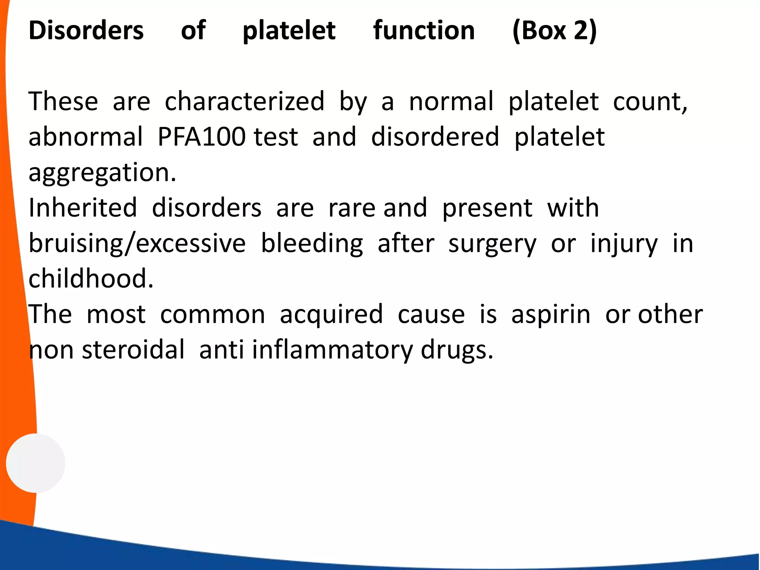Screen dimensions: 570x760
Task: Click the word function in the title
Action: point(424,30)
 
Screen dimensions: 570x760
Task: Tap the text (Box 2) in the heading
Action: point(554,30)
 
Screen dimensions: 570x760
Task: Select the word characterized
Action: point(245,101)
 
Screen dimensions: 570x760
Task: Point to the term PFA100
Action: point(202,137)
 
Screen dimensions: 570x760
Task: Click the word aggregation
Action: point(102,173)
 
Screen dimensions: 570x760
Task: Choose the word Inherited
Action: point(83,208)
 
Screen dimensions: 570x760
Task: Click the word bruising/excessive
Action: point(137,244)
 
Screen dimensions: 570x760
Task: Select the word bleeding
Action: point(312,244)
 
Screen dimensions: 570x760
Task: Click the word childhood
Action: point(91,279)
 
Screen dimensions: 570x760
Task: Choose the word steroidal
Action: point(133,350)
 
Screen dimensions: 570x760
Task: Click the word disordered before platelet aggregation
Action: point(435,137)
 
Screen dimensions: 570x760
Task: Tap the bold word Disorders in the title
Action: point(86,30)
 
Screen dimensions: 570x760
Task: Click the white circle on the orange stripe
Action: point(36,463)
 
